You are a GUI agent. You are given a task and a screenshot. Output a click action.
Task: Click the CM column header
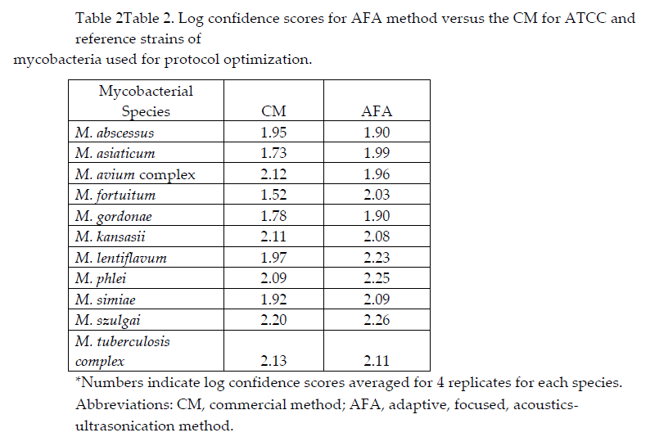click(x=273, y=111)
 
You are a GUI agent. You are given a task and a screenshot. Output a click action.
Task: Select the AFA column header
click(x=377, y=111)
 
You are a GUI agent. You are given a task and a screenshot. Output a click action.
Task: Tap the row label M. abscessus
click(x=115, y=133)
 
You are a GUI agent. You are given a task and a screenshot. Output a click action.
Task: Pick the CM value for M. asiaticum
click(x=273, y=153)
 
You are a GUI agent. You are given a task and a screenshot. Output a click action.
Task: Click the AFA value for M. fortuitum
click(x=377, y=195)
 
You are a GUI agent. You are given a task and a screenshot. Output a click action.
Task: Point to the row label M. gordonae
click(x=114, y=216)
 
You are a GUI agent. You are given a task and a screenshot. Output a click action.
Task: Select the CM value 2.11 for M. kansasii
click(x=273, y=237)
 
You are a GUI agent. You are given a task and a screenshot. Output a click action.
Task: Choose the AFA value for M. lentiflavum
click(x=377, y=258)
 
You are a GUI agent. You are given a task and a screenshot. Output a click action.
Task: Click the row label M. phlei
click(x=101, y=278)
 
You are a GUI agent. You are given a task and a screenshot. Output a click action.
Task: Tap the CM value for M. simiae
click(x=273, y=299)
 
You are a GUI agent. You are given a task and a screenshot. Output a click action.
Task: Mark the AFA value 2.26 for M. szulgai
click(x=377, y=320)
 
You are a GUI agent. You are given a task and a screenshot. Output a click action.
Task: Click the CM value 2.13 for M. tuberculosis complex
click(x=273, y=360)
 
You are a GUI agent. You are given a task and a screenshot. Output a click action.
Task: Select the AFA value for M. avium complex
click(x=377, y=174)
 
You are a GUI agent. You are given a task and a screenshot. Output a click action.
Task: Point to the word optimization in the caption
click(x=268, y=60)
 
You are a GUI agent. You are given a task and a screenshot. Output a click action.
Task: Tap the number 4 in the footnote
click(x=440, y=382)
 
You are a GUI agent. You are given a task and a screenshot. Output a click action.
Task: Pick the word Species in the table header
click(x=146, y=111)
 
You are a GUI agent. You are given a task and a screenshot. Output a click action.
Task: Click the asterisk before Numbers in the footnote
click(x=78, y=379)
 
